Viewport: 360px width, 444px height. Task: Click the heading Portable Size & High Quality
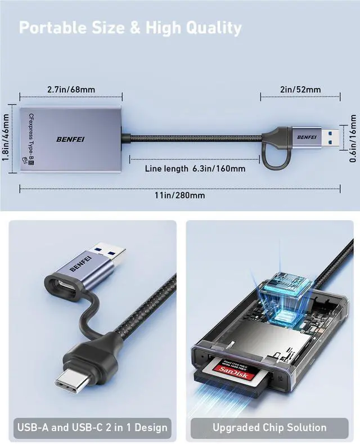point(130,28)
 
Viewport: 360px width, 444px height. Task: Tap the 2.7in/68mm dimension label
point(71,89)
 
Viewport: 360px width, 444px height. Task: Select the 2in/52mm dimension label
point(300,89)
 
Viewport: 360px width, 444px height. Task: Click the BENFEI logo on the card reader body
point(70,139)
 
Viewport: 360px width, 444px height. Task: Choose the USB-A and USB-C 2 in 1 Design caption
point(93,427)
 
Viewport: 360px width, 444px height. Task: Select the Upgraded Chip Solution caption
point(269,427)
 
